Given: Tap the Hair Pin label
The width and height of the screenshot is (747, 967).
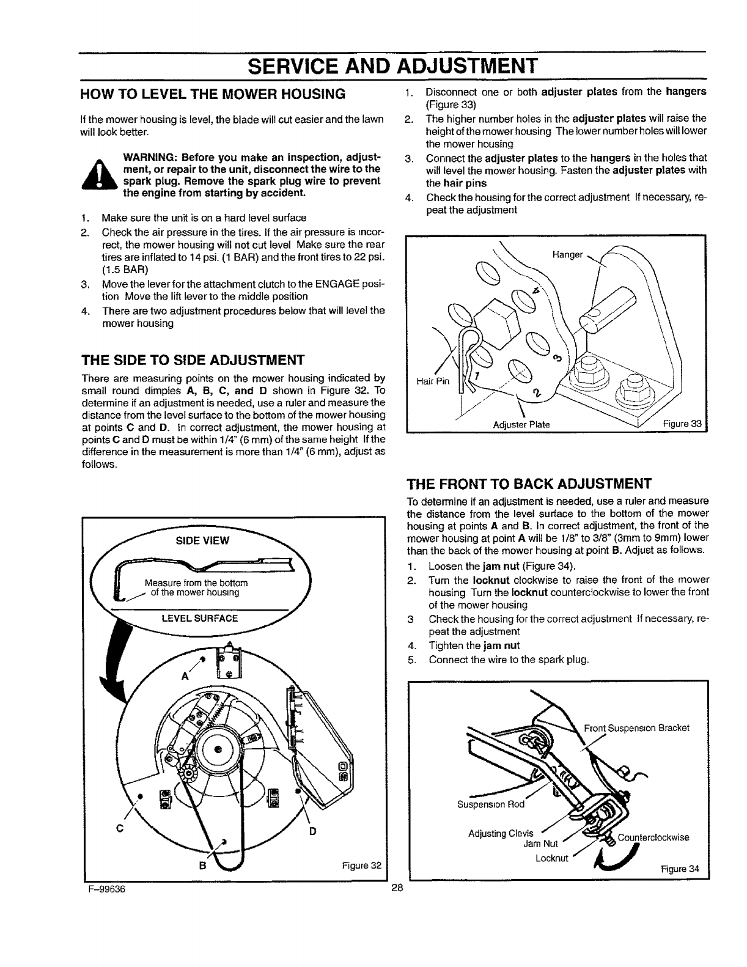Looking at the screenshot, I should tap(432, 381).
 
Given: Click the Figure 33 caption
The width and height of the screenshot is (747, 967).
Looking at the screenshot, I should tap(683, 425).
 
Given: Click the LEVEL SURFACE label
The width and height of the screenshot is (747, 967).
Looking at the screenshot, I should tap(199, 618).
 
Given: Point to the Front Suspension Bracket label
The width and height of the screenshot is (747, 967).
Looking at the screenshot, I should tap(636, 728).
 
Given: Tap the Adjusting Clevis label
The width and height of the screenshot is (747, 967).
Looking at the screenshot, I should tap(500, 833).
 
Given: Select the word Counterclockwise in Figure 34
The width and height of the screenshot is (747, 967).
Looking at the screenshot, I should tap(653, 837).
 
